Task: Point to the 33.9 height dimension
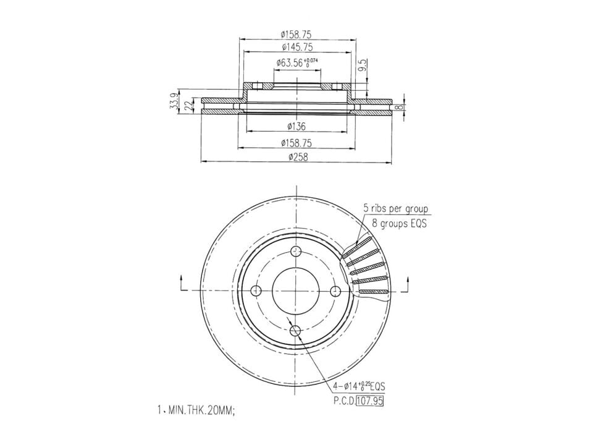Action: point(175,101)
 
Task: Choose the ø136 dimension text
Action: point(296,127)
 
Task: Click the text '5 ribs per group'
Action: point(395,209)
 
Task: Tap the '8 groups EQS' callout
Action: point(399,223)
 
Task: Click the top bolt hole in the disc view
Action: point(296,251)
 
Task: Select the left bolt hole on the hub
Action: point(256,291)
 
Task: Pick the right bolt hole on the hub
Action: point(336,291)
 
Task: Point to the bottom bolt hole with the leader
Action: point(296,331)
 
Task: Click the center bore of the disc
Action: point(296,291)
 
